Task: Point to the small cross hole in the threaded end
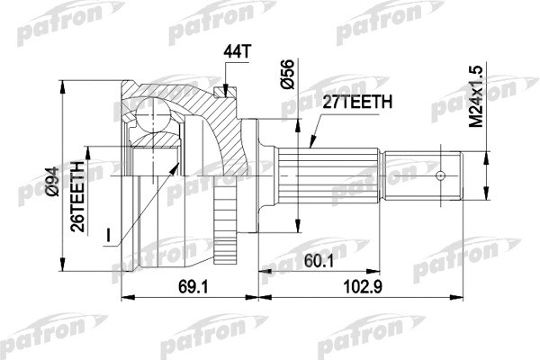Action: tap(442, 174)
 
